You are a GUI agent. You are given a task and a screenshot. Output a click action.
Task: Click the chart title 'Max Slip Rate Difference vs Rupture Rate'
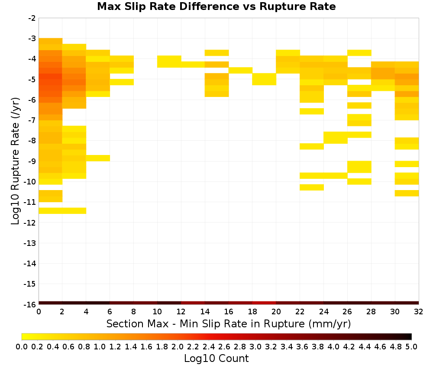coord(216,6)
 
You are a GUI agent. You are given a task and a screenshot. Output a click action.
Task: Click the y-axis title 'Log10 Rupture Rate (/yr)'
coord(15,161)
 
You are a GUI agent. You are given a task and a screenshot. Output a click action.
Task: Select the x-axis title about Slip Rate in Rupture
coord(229,324)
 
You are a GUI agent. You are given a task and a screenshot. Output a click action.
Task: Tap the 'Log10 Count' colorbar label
coord(216,358)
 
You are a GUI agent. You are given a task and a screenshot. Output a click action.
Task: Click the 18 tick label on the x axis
coord(252,312)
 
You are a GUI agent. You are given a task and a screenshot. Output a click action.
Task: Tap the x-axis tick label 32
coord(419,312)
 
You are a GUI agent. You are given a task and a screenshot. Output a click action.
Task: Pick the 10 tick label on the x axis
coord(158,312)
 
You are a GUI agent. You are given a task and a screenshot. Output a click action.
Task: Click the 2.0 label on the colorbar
coord(178,346)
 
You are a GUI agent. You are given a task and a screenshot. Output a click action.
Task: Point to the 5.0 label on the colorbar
coord(411,346)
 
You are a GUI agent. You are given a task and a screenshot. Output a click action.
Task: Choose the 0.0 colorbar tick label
coord(22,346)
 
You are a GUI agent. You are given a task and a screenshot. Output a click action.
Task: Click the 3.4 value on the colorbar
coord(287,346)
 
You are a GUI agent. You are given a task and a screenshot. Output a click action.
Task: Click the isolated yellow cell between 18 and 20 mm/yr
coord(264,79)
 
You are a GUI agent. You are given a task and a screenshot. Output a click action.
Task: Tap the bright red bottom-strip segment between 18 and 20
coord(264,303)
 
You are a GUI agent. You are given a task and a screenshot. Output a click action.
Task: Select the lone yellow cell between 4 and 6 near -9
coord(98,158)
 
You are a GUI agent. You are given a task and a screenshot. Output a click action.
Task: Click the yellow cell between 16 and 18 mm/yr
coord(240,71)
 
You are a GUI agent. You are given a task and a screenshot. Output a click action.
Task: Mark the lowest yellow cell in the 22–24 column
coord(312,187)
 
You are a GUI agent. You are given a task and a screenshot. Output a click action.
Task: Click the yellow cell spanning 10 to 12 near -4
coord(169,61)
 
